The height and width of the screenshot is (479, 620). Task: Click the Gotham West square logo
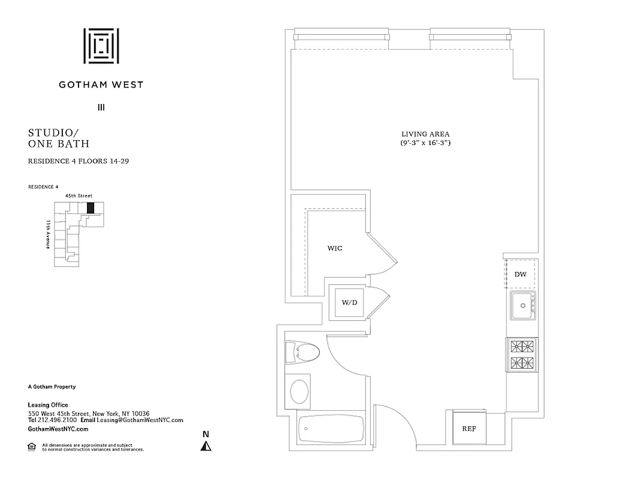point(101,46)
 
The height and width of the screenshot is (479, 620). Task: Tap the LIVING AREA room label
point(425,134)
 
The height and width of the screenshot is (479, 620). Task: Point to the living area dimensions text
point(425,144)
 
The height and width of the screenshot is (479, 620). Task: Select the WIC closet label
point(334,248)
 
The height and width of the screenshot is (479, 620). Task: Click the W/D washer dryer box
point(349,302)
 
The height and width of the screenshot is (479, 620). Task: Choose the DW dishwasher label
point(521,274)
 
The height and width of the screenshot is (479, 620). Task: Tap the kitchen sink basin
point(522,307)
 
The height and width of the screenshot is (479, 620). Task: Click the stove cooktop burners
point(522,354)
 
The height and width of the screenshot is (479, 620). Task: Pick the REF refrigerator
point(468,429)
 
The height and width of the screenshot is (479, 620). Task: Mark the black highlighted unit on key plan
point(90,208)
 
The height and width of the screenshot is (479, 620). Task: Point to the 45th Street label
point(78,196)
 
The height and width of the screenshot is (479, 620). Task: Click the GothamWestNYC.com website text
point(58,429)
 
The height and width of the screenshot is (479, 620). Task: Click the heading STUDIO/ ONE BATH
point(59,138)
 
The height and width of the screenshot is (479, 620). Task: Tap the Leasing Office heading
point(48,405)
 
